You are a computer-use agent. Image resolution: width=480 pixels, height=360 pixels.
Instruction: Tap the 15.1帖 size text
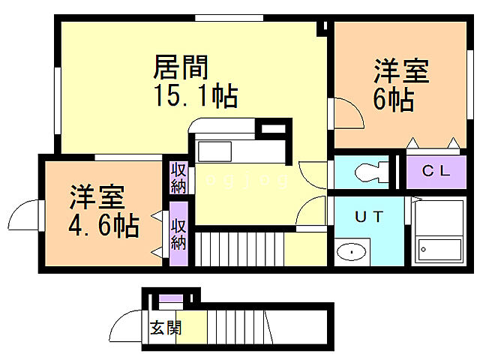pyautogui.click(x=197, y=97)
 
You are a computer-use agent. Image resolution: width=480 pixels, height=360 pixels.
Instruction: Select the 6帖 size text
pyautogui.click(x=393, y=99)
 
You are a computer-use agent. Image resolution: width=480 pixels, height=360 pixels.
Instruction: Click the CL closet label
pyautogui.click(x=436, y=171)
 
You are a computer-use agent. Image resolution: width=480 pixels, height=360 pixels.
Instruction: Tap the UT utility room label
pyautogui.click(x=369, y=217)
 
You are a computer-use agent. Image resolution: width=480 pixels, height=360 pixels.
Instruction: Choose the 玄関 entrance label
pyautogui.click(x=165, y=327)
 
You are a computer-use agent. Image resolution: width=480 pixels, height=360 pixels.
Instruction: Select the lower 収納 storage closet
pyautogui.click(x=178, y=233)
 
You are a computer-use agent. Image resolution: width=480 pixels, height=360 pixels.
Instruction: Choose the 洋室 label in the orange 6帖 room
pyautogui.click(x=402, y=72)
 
